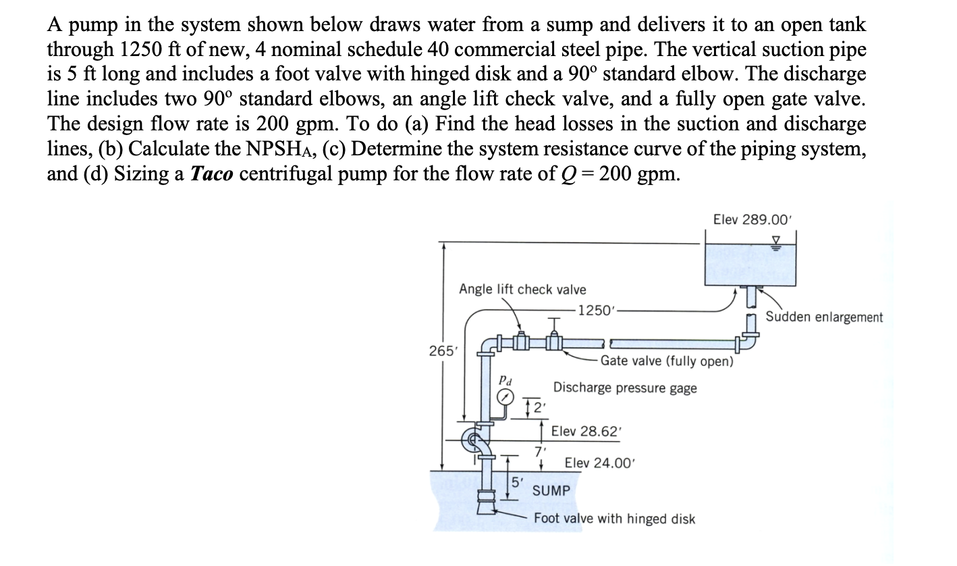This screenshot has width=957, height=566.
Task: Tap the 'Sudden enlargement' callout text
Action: click(x=824, y=317)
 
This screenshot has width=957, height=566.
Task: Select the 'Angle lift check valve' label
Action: click(x=522, y=290)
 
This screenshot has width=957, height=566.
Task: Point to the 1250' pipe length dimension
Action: click(x=597, y=311)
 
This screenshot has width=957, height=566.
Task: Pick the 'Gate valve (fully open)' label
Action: click(x=666, y=361)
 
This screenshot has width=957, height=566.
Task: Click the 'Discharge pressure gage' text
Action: click(x=625, y=388)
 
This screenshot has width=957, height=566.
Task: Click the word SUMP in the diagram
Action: click(x=551, y=490)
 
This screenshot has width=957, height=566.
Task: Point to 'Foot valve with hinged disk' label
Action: click(x=614, y=519)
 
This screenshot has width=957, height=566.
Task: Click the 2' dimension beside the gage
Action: click(x=538, y=407)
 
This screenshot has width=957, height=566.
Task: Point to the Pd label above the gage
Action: click(x=504, y=380)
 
